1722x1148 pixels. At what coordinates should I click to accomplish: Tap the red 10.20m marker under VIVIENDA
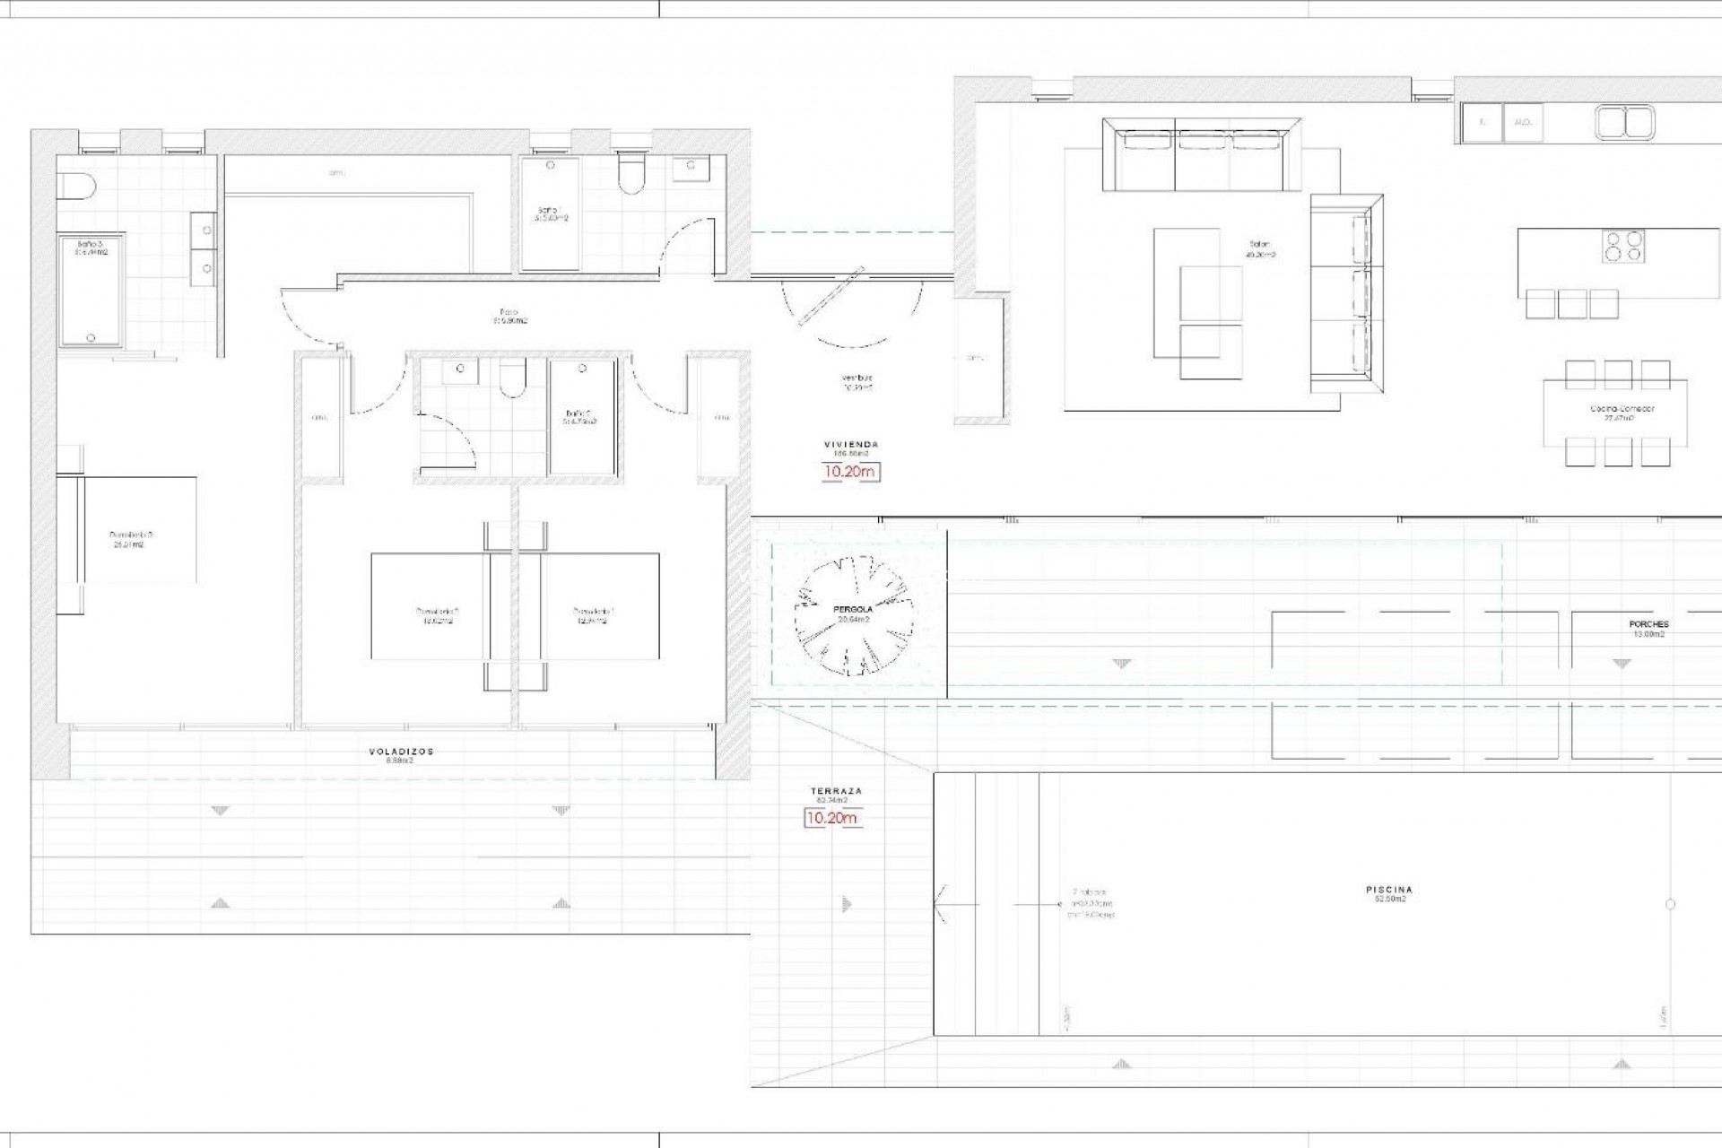[851, 472]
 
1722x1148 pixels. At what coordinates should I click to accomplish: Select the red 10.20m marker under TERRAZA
[831, 818]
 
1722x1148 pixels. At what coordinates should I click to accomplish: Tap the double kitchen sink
[1625, 123]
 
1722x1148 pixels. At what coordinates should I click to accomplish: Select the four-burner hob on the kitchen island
[1624, 246]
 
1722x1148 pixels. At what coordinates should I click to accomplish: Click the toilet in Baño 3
[75, 187]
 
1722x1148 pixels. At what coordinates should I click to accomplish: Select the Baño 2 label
[578, 417]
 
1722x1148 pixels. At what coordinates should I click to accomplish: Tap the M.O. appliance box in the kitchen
[1522, 122]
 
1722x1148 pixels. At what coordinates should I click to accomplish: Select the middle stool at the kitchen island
[1572, 304]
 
